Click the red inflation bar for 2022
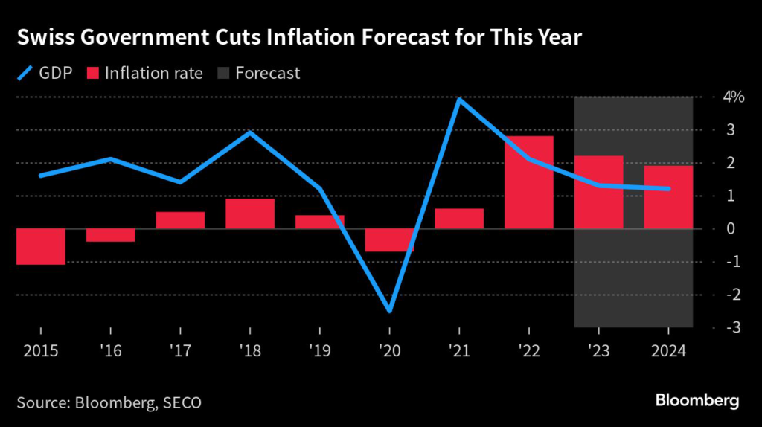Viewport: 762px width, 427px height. [529, 182]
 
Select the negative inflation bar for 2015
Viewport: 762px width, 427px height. [40, 246]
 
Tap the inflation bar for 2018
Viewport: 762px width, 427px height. [250, 213]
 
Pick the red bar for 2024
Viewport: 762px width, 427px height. [668, 197]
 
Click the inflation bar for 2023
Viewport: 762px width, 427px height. [598, 192]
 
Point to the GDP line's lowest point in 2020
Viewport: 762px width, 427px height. [390, 310]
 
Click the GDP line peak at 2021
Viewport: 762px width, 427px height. [460, 99]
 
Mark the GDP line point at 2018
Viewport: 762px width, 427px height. [250, 132]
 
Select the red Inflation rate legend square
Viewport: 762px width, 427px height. [92, 73]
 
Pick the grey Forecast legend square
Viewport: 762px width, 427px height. [222, 73]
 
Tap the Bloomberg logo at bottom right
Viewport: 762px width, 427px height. [697, 401]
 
